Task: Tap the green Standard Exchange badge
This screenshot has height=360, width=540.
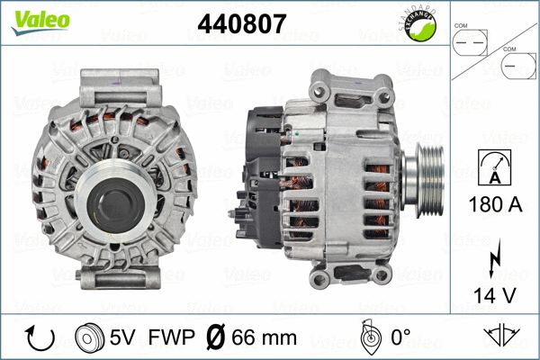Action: [x=420, y=27]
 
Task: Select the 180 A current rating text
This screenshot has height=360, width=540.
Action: [x=493, y=205]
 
